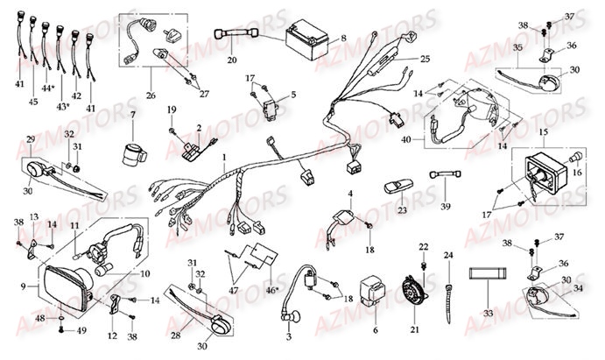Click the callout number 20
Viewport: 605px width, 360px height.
click(x=232, y=60)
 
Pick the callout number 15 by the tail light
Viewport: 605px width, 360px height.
click(x=544, y=131)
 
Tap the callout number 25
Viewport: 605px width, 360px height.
click(x=425, y=59)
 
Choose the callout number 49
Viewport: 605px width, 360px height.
click(x=81, y=330)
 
